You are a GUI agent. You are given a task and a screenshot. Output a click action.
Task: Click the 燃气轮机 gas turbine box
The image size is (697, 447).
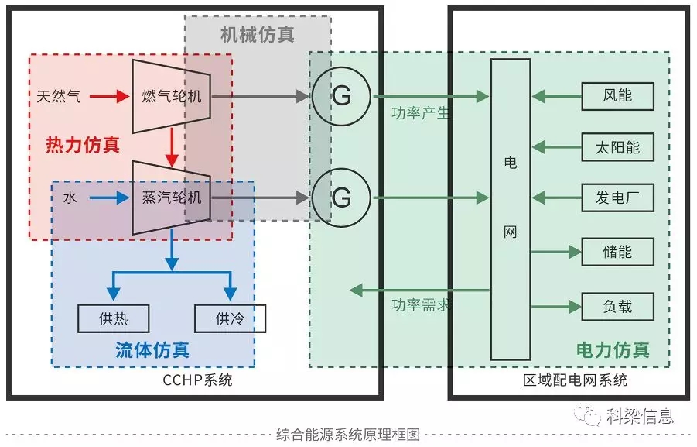(172, 96)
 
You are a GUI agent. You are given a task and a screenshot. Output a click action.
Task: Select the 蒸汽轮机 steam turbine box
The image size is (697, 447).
(172, 198)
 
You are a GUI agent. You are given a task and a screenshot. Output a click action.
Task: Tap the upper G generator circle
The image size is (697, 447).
(341, 96)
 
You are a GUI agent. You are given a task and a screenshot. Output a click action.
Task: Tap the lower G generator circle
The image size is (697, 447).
(341, 198)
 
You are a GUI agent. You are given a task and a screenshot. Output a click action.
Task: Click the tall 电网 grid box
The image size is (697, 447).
(511, 209)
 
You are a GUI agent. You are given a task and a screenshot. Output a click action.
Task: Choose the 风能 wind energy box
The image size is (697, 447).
(617, 96)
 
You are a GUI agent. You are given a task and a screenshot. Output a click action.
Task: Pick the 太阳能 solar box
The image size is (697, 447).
(617, 147)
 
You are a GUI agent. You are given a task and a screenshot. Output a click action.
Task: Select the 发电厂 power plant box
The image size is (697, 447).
(617, 198)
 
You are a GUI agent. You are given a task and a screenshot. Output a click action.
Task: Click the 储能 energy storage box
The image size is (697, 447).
(617, 252)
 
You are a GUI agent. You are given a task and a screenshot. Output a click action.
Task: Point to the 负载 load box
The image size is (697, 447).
(617, 306)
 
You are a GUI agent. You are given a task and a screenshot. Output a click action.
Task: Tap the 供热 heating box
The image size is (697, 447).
(114, 318)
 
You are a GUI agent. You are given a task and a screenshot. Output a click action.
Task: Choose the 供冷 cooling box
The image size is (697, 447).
(230, 318)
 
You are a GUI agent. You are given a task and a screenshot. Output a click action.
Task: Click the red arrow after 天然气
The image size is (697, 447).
(108, 97)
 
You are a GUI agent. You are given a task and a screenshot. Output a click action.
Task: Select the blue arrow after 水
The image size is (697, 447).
(108, 198)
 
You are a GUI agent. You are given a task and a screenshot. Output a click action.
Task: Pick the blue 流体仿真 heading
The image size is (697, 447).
(152, 350)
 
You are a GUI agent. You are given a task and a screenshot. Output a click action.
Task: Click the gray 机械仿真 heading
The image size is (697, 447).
(257, 35)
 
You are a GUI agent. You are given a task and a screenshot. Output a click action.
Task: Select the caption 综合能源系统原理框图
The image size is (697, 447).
(347, 435)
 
